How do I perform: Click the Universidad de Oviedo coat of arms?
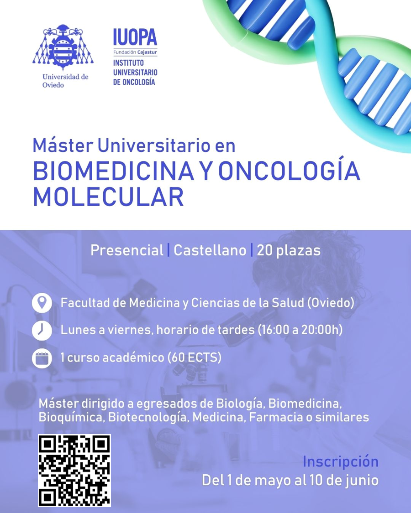point(63,47)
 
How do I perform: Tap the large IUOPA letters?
point(135,37)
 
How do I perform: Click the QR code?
point(74,471)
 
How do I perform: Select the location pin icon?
point(42,303)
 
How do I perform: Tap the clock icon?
point(42,331)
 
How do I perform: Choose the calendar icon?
point(42,358)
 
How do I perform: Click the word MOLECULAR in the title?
point(109,197)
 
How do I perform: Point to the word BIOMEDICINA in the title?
point(113,171)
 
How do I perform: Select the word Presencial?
point(127,250)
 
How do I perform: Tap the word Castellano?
point(210,250)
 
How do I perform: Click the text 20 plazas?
point(289,251)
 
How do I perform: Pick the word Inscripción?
point(341,462)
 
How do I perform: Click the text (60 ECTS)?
point(195,357)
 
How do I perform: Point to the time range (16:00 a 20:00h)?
point(300,330)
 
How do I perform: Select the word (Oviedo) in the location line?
point(331,303)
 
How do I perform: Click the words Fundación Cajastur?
point(135,52)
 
